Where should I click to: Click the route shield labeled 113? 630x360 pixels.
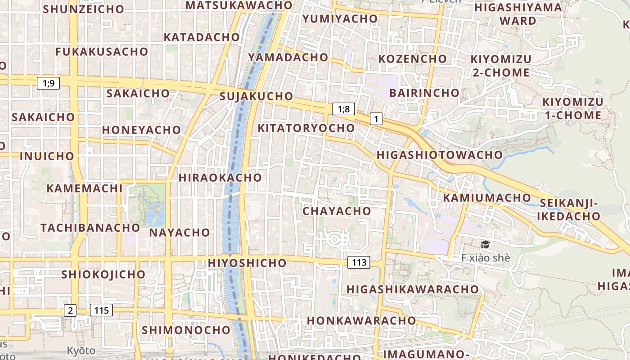[x=359, y=262]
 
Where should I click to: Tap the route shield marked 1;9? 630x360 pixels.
[x=48, y=83]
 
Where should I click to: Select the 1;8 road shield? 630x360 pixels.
[x=343, y=109]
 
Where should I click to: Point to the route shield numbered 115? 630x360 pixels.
[x=101, y=310]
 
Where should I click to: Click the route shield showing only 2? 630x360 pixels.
[x=70, y=310]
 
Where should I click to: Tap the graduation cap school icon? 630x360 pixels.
[x=485, y=245]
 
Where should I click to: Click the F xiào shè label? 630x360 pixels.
[x=486, y=258]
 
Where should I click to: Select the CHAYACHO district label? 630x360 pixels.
[x=337, y=211]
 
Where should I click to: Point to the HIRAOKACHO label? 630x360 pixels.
[x=220, y=177]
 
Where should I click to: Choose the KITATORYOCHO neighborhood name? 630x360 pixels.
[x=306, y=128]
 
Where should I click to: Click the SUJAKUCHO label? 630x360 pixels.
[x=256, y=96]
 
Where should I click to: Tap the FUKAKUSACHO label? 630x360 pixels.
[x=102, y=52]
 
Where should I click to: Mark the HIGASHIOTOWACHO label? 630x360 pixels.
[x=439, y=155]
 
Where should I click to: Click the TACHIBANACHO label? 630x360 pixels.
[x=90, y=227]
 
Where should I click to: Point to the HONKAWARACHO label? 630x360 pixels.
[x=361, y=320]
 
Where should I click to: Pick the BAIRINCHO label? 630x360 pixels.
[x=424, y=93]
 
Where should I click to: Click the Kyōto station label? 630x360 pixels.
[x=81, y=351]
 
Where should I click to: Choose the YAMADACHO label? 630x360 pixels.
[x=288, y=57]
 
